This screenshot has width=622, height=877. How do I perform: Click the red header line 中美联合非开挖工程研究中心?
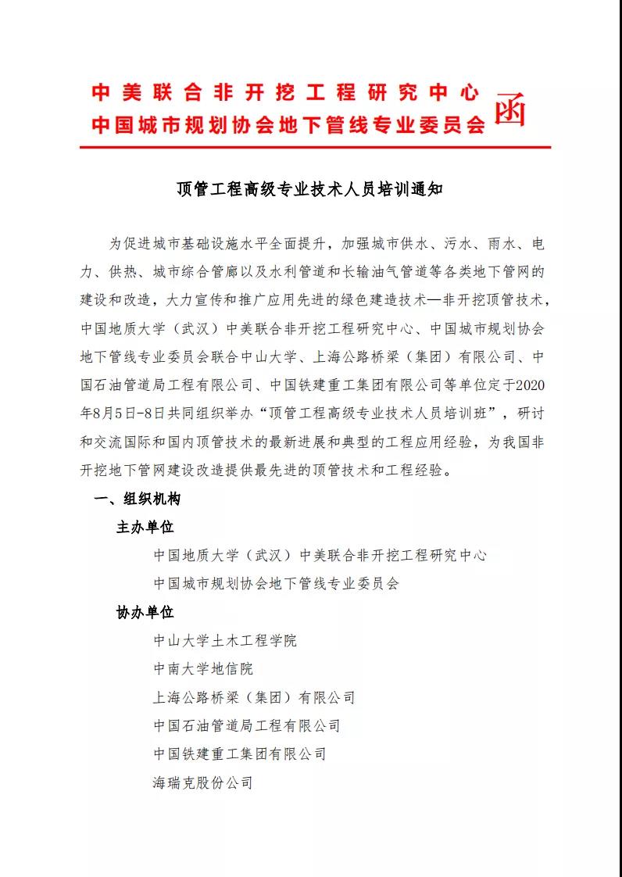click(x=285, y=93)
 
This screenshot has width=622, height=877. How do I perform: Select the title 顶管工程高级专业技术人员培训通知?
click(x=310, y=189)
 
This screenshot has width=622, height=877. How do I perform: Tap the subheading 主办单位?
click(x=145, y=527)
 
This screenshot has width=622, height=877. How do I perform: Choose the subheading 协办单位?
click(x=145, y=612)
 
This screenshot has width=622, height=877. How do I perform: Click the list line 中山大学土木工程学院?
click(x=225, y=641)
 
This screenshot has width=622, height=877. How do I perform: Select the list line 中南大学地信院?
click(x=203, y=669)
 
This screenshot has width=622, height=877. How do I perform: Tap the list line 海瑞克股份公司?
click(x=203, y=782)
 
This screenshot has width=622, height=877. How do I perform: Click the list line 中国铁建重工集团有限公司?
click(x=240, y=754)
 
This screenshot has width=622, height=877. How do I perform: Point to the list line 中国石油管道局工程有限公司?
click(x=247, y=725)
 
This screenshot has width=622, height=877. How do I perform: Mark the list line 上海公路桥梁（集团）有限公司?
click(x=254, y=697)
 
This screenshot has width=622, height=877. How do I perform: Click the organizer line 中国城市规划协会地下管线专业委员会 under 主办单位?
click(x=276, y=583)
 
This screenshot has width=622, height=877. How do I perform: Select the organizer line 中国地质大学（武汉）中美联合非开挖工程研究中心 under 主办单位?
click(x=320, y=555)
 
